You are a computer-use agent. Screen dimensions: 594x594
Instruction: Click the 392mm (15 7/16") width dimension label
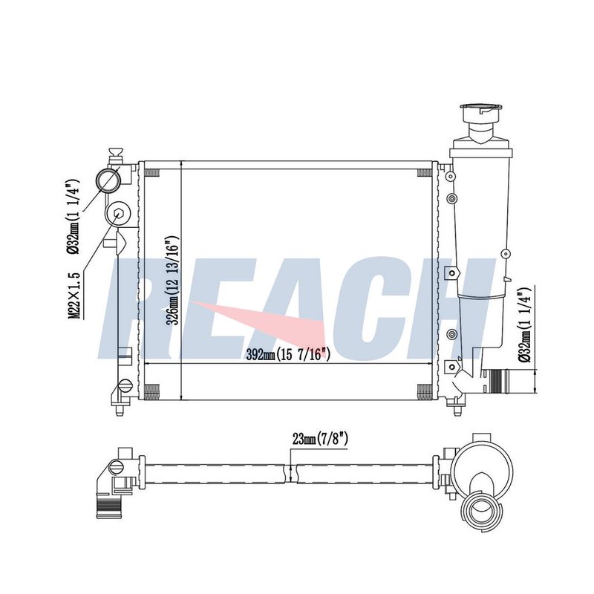point(288,355)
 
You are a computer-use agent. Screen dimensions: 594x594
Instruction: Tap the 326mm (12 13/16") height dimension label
point(172,281)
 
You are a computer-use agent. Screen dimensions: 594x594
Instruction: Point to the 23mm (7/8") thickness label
point(320,439)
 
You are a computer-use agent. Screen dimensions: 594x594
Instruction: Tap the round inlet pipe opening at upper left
point(108,180)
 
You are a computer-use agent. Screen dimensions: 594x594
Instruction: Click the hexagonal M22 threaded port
point(118,215)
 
